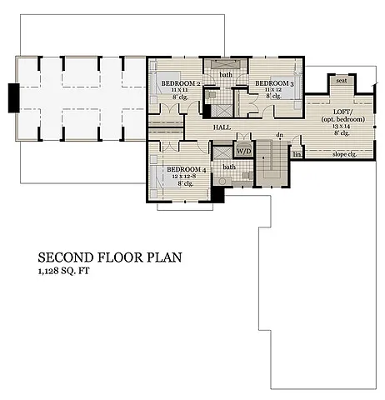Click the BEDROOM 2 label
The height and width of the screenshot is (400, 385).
[179, 84]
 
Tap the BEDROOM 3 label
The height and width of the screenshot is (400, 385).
[272, 83]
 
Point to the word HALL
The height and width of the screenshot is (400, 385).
[222, 127]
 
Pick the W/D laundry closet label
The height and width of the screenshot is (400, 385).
[242, 151]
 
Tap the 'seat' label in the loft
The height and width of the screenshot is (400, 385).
[341, 81]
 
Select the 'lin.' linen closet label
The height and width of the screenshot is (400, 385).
[296, 154]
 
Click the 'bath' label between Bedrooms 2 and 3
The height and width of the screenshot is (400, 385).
[226, 75]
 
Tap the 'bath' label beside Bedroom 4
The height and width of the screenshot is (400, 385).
[229, 167]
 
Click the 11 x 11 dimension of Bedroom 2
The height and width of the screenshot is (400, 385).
[179, 91]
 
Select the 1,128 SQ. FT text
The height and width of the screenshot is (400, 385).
[67, 272]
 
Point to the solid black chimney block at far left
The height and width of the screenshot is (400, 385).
[12, 97]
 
